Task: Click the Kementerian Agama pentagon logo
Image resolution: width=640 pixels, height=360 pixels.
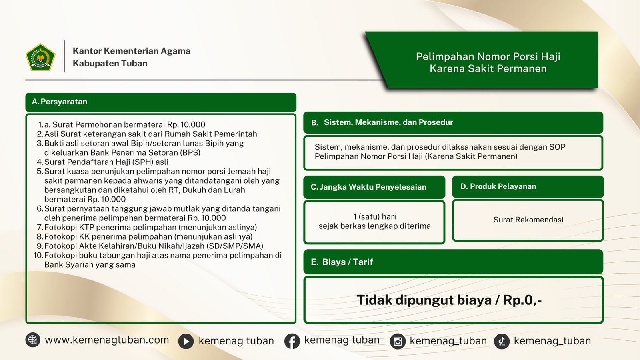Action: [40, 57]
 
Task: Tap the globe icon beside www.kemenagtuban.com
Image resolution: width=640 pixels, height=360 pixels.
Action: [33, 340]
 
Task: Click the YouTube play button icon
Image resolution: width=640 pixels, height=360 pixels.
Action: [186, 341]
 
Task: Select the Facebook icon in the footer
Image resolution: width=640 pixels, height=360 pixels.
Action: [292, 341]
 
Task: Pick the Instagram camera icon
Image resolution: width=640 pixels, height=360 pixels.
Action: [398, 341]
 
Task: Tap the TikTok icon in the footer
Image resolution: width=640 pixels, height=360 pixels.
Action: [502, 341]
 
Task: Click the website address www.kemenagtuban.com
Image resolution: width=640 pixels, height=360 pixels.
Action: [107, 340]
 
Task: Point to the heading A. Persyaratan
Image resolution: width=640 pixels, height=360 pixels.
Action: [60, 102]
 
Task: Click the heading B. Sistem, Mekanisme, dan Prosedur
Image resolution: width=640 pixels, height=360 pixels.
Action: [382, 122]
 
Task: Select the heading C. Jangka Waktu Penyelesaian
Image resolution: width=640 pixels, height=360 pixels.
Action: [368, 187]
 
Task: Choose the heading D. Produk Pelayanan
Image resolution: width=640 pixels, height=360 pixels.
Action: [498, 186]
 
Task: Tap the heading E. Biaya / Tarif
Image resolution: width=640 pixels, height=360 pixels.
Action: [342, 262]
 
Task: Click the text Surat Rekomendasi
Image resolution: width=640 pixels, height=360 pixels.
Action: [528, 220]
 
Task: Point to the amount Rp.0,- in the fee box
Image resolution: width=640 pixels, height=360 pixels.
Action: [522, 300]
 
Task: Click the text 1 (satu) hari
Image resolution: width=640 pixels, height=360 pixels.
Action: [374, 216]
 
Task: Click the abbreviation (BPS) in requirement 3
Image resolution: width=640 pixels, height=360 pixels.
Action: [190, 152]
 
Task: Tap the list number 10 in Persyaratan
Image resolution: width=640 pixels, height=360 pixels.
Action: [38, 255]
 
